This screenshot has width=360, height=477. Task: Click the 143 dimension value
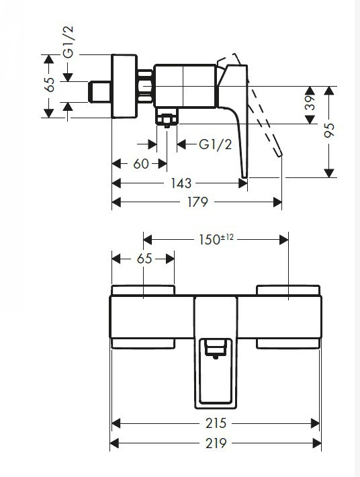pyautogui.click(x=181, y=183)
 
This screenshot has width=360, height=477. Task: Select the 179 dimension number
pyautogui.click(x=197, y=202)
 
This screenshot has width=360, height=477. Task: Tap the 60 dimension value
pyautogui.click(x=141, y=164)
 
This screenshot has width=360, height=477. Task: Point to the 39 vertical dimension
pyautogui.click(x=310, y=103)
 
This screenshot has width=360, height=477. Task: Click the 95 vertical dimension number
pyautogui.click(x=329, y=130)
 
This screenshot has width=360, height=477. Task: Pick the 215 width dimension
pyautogui.click(x=216, y=423)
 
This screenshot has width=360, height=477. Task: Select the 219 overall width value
pyautogui.click(x=216, y=443)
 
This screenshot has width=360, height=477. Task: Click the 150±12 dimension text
pyautogui.click(x=216, y=239)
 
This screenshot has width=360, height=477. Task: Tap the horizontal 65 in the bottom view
pyautogui.click(x=144, y=259)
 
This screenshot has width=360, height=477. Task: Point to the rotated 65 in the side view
pyautogui.click(x=49, y=84)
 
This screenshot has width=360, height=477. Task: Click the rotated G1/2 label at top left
pyautogui.click(x=68, y=42)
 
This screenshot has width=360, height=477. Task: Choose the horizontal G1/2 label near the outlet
pyautogui.click(x=216, y=144)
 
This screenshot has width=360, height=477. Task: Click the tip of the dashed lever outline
pyautogui.click(x=279, y=156)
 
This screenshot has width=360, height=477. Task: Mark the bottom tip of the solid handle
pyautogui.click(x=244, y=177)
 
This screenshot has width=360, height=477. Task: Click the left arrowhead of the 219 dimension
pyautogui.click(x=114, y=443)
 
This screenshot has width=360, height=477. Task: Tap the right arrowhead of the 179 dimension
pyautogui.click(x=277, y=202)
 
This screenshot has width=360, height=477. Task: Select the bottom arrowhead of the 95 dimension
pyautogui.click(x=329, y=173)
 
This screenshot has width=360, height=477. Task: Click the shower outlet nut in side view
pyautogui.click(x=167, y=119)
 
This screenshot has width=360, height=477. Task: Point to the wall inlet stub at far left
pyautogui.click(x=99, y=92)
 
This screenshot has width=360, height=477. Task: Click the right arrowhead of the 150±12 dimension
pyautogui.click(x=284, y=240)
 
